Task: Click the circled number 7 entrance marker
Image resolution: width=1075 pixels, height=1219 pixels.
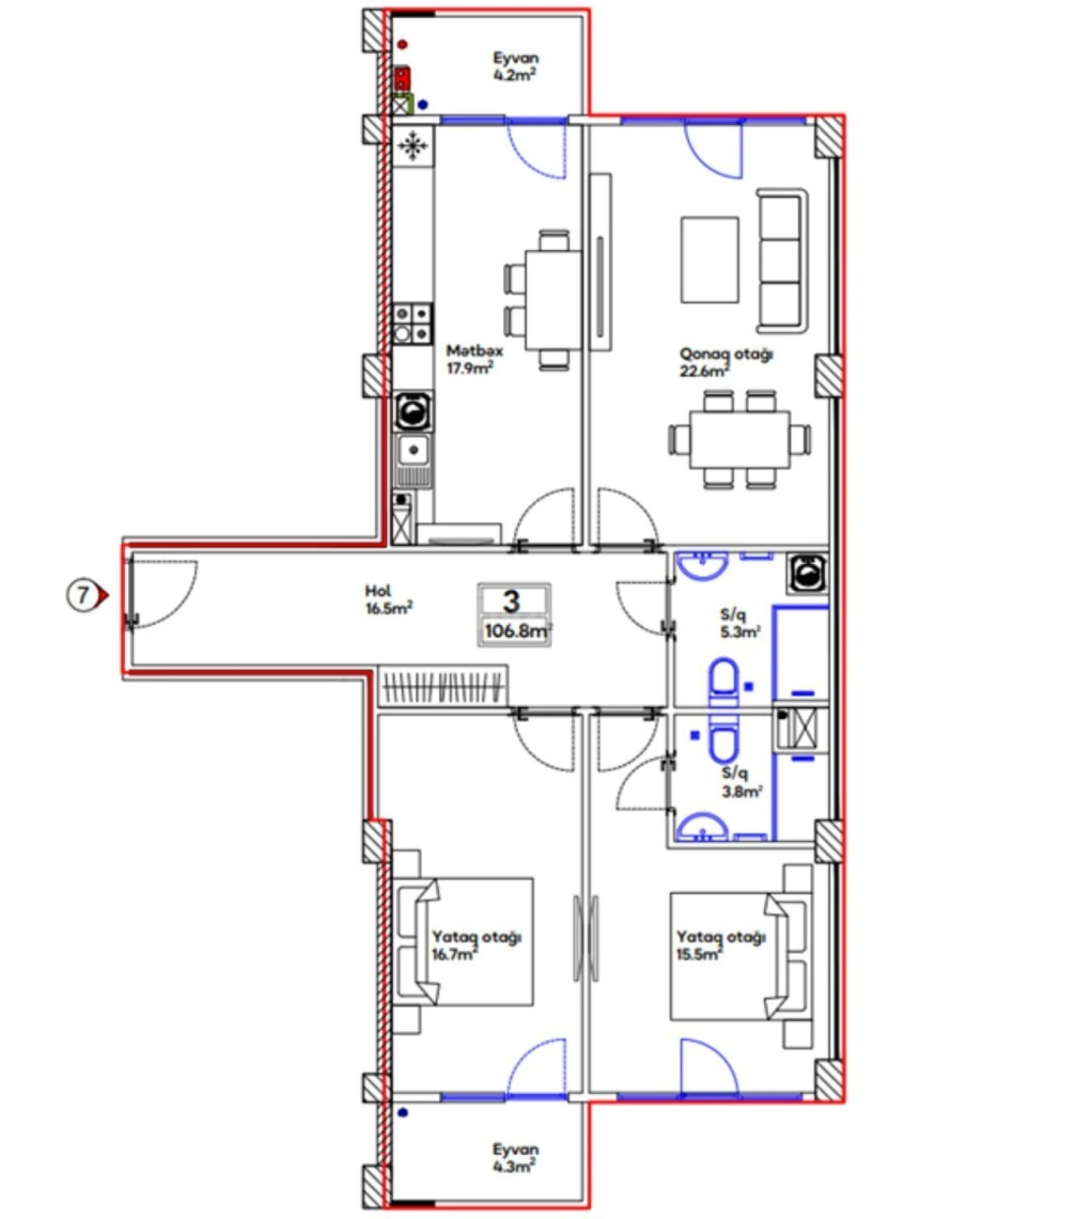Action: [82, 594]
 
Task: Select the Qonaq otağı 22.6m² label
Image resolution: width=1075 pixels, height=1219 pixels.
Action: [725, 362]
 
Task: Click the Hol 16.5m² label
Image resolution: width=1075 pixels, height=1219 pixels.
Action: [388, 600]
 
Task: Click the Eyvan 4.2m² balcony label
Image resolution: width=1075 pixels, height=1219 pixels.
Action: [515, 66]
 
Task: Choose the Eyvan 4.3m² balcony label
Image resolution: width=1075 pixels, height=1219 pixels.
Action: [515, 1157]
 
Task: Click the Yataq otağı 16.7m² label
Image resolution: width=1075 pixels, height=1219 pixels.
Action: [475, 945]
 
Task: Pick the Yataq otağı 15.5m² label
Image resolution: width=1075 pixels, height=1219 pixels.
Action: [719, 945]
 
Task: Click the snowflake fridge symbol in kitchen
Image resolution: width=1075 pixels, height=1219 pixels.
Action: [412, 145]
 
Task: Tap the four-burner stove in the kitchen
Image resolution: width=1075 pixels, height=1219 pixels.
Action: [411, 323]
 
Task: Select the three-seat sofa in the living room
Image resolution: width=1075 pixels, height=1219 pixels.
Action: [782, 261]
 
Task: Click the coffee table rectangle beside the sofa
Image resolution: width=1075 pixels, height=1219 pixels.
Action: [709, 259]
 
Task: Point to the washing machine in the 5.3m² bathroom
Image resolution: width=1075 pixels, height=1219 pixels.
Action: [808, 573]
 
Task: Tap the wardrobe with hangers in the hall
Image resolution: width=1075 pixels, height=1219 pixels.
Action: [442, 686]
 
